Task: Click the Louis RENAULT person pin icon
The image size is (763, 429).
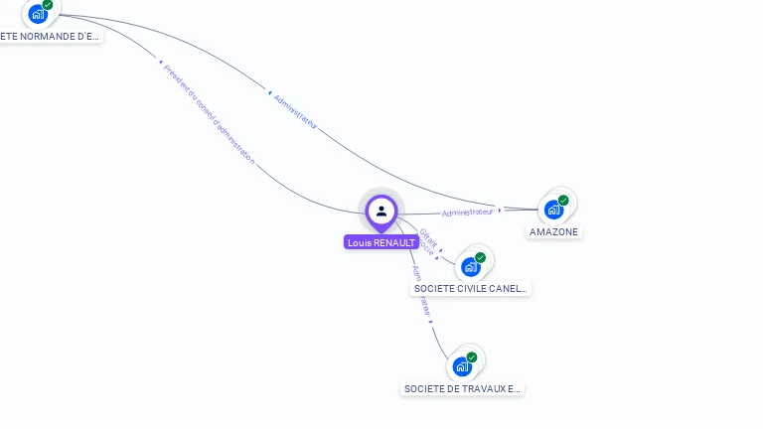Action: point(381,211)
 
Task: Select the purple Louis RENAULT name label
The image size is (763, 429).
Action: point(381,242)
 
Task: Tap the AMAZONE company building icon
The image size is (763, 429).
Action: point(553,210)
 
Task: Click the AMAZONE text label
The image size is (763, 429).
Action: point(553,231)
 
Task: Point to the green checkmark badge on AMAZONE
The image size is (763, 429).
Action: point(563,200)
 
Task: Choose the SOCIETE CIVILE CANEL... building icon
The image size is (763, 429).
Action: point(470,266)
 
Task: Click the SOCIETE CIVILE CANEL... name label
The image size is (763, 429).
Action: point(471,288)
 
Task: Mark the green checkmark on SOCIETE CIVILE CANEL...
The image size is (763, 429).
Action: point(480,257)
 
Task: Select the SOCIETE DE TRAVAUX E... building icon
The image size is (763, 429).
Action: point(462,366)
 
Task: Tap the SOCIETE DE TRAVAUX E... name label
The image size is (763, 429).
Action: point(462,389)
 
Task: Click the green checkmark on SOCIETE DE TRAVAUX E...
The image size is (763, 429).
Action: point(472,357)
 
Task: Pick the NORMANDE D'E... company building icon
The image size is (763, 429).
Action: point(38,14)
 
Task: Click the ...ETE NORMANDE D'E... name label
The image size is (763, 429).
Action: point(50,37)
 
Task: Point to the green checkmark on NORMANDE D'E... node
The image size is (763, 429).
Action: point(48,5)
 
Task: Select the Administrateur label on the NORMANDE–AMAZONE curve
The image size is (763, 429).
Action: point(294,111)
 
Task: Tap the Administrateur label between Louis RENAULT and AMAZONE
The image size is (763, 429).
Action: point(467,212)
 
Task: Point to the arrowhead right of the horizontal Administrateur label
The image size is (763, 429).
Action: point(500,210)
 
